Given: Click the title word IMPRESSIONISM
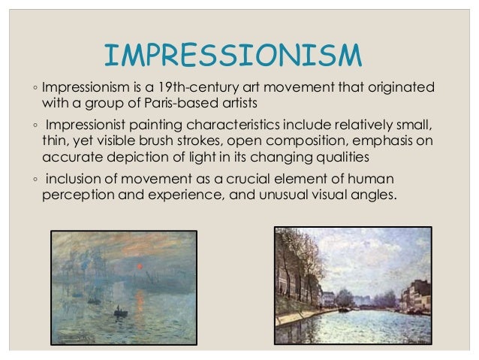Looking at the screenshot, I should (233, 56).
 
